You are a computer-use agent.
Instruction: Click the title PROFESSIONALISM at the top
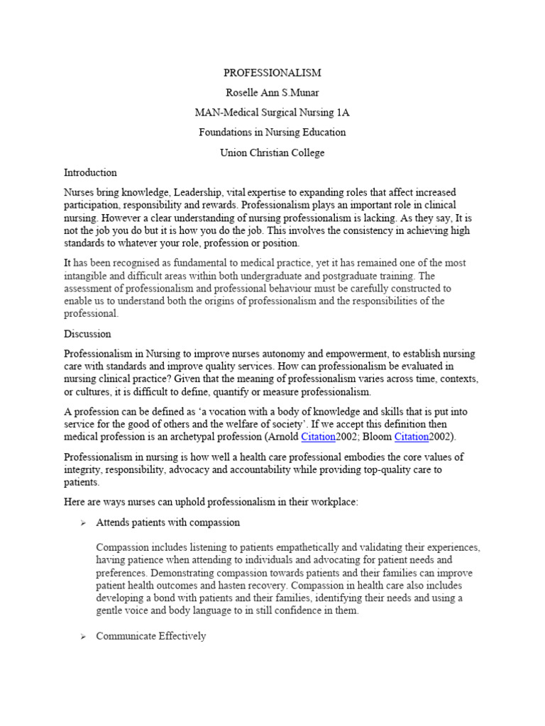[272, 72]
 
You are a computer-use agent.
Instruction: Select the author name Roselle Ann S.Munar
[272, 92]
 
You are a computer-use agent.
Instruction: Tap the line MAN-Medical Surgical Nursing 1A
[272, 112]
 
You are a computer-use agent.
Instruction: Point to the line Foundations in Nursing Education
[272, 132]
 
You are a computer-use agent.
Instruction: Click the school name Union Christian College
[272, 152]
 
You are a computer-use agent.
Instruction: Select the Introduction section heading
[90, 172]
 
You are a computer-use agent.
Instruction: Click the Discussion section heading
[87, 333]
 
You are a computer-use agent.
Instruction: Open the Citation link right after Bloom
[410, 436]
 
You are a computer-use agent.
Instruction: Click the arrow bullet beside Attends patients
[83, 523]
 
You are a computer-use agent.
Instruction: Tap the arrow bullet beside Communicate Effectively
[83, 637]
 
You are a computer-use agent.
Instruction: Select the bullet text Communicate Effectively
[151, 636]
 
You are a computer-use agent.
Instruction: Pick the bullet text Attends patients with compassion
[167, 523]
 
